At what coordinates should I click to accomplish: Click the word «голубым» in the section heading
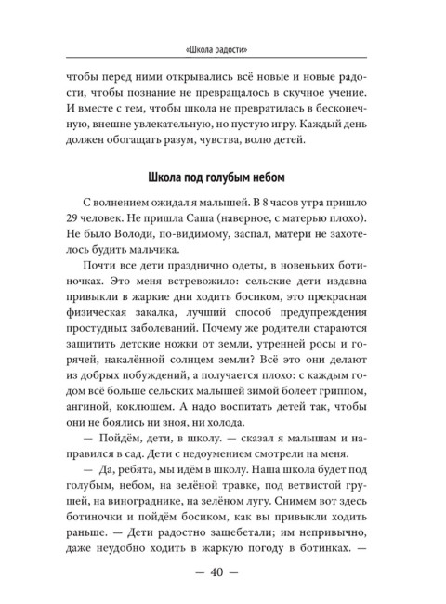tap(238, 177)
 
